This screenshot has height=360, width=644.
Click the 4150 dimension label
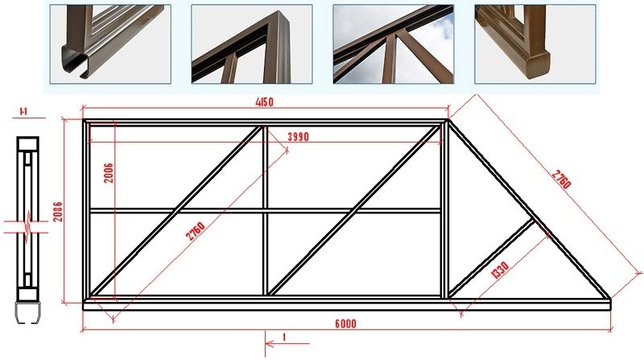click(264, 101)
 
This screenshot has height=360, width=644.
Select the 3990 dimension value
click(298, 137)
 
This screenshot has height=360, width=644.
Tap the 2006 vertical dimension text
click(109, 173)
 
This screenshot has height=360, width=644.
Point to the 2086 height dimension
click(58, 212)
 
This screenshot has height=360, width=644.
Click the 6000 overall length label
click(345, 324)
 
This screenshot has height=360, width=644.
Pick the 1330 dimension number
click(500, 270)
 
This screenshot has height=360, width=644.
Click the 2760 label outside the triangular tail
click(561, 179)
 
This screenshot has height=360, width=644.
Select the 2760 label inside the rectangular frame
click(195, 231)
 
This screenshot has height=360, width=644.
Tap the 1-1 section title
click(24, 111)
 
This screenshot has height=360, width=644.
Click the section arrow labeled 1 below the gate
click(287, 343)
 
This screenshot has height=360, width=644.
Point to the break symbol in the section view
click(27, 227)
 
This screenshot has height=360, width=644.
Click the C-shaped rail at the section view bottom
click(28, 312)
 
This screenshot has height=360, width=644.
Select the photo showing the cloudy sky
click(394, 44)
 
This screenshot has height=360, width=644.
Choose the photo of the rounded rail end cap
click(535, 44)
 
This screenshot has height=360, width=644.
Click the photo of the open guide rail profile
click(110, 44)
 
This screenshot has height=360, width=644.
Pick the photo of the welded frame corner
click(252, 44)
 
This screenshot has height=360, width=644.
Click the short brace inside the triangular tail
click(491, 258)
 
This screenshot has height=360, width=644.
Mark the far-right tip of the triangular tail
click(610, 299)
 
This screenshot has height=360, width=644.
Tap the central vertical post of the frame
click(265, 210)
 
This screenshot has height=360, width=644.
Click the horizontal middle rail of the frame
click(265, 211)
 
